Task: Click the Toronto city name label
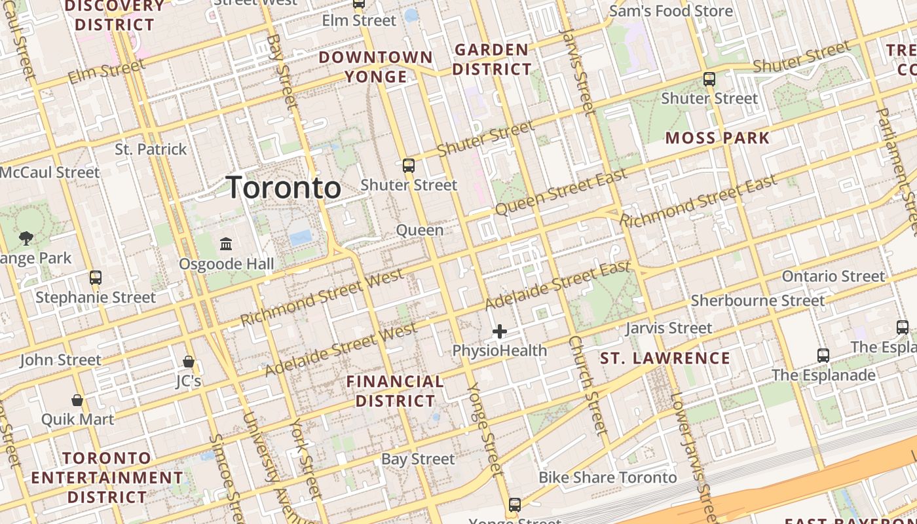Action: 283,188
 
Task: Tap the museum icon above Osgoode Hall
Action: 226,244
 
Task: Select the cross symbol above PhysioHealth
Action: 500,331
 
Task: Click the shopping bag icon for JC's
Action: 189,362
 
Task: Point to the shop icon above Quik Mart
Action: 77,400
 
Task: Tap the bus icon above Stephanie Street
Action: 96,277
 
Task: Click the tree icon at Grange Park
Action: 26,238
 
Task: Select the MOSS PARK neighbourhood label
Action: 717,138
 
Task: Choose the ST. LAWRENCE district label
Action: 665,358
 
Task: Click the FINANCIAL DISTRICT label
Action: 395,391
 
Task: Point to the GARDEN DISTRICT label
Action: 492,59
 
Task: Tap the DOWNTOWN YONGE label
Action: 376,67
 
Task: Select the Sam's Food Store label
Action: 671,11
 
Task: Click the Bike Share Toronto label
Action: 607,477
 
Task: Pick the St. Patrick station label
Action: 151,149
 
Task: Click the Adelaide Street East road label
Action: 557,286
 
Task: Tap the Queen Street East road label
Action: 561,191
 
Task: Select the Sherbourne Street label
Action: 758,301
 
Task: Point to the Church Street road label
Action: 588,385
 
